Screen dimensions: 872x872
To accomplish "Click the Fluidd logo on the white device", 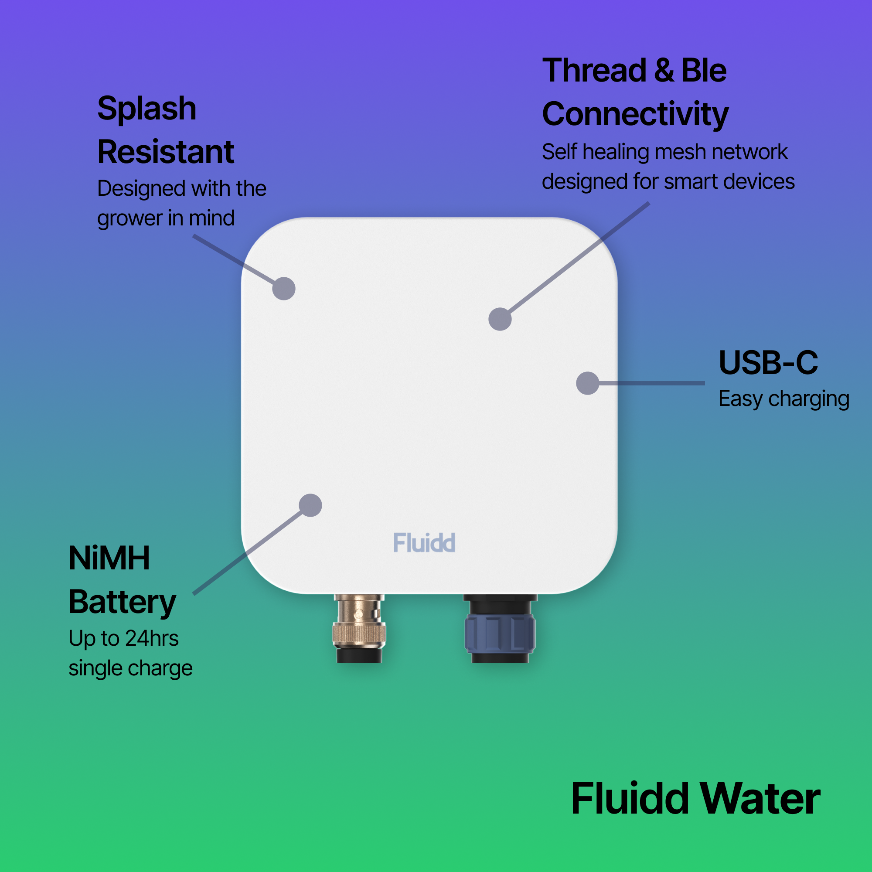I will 424,542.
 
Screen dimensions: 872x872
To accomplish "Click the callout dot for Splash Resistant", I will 284,288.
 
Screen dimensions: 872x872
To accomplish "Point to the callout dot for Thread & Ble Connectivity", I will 500,319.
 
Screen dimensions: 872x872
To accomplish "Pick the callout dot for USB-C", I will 588,383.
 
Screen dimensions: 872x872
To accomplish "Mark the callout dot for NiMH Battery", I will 310,505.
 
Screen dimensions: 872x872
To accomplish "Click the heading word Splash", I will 147,109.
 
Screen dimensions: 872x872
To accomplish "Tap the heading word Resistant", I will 166,152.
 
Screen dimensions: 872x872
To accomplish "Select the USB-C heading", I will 768,362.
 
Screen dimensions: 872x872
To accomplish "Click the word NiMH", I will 109,559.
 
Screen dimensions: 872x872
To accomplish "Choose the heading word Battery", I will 122,603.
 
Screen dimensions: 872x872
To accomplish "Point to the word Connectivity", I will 635,114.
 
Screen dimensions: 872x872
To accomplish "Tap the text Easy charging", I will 783,399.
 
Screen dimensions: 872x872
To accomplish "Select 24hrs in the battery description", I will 152,638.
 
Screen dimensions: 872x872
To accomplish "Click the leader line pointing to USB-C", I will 652,383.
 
